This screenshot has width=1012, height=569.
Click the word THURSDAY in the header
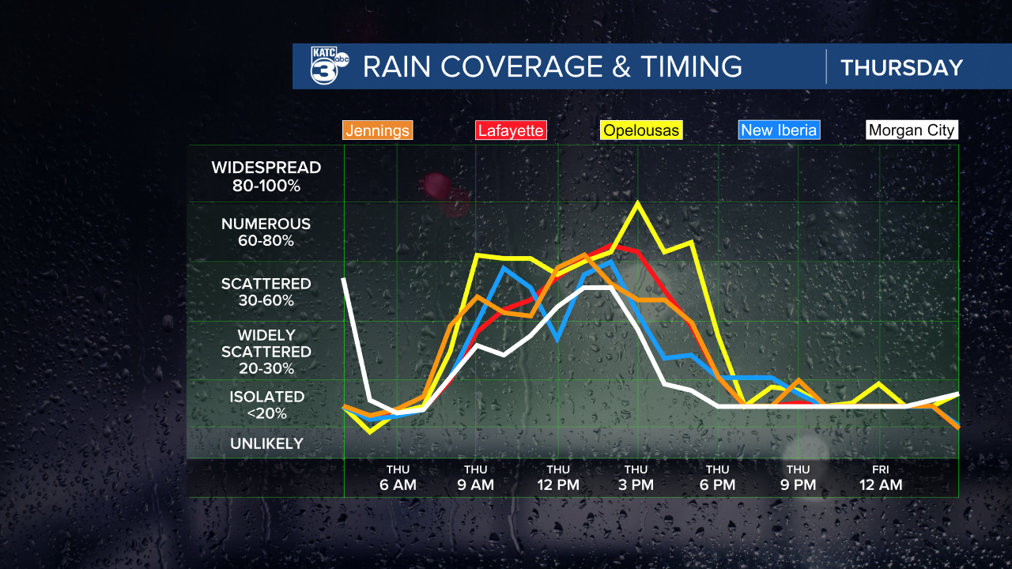pos(901,68)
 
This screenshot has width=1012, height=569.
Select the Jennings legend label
pos(378,130)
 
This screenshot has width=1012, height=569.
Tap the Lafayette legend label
pos(510,130)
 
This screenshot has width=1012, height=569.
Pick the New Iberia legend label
pos(779,130)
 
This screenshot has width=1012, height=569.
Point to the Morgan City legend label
pos(911,130)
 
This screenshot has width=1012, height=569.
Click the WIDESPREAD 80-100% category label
pos(266,177)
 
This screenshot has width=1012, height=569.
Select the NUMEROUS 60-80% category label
pos(266,232)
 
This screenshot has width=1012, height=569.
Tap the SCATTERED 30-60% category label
pos(266,292)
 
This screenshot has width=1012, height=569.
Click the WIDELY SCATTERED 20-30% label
pos(266,352)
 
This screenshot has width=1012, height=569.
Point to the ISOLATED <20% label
pos(266,405)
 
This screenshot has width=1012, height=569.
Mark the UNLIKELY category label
pos(266,443)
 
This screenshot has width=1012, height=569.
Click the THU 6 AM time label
pos(397,478)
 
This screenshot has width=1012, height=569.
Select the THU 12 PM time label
pos(557,478)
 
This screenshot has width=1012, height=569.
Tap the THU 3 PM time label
pos(636,478)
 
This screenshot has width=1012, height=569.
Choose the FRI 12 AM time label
pos(880,478)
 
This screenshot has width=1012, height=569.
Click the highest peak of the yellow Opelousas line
pos(637,203)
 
